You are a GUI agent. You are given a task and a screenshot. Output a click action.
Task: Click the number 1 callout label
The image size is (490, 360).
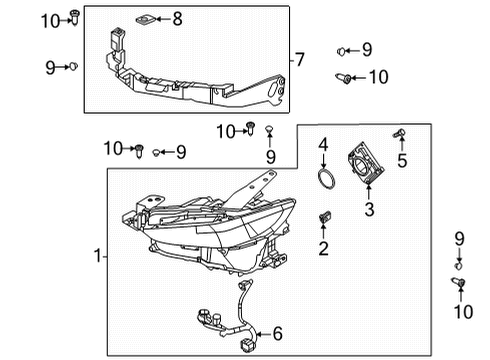[97, 256]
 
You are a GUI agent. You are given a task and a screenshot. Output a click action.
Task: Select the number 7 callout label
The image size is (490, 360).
[300, 60]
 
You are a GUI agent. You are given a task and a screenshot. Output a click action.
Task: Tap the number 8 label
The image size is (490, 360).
[177, 19]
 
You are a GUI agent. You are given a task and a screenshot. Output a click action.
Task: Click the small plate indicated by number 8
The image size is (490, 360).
[144, 20]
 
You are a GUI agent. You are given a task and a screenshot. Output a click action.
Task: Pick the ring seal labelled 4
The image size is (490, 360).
[326, 180]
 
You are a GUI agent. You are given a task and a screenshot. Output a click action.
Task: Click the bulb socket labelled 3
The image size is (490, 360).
[366, 163]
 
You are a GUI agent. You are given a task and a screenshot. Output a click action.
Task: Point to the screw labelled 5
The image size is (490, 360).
[399, 134]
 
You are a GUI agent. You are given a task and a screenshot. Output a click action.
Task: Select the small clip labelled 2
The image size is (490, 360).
[325, 217]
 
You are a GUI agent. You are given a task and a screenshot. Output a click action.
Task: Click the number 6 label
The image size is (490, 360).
[278, 334]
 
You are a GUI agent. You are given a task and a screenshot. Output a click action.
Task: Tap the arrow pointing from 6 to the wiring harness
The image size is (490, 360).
[264, 334]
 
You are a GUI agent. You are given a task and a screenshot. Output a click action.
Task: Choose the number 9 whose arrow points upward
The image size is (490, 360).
[271, 156]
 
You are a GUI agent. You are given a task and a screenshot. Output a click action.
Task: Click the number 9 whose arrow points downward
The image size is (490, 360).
[459, 239]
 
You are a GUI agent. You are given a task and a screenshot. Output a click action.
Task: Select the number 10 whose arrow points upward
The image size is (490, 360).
[463, 312]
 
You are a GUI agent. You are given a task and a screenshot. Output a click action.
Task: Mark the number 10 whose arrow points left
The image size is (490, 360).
[379, 77]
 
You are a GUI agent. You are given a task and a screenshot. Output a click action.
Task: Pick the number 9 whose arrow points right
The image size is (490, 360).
[50, 68]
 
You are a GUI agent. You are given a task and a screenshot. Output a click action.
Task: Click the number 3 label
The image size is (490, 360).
[369, 209]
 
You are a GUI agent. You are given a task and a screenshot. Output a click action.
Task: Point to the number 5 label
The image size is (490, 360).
[402, 160]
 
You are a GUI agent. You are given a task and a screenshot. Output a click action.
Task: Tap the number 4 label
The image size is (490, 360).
[323, 145]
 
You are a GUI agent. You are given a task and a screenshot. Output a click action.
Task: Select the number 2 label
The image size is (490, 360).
[323, 248]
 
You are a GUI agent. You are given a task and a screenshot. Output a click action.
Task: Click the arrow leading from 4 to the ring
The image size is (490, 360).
[323, 161]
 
